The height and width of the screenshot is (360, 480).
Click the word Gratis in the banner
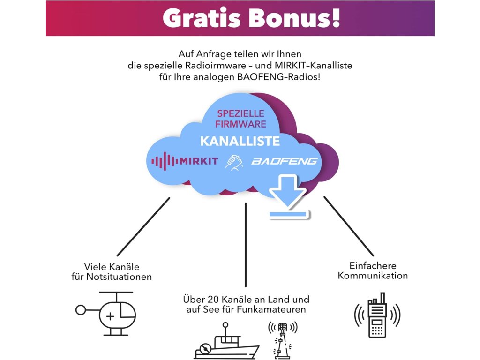(201, 18)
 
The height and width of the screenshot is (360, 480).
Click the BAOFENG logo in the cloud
(285, 161)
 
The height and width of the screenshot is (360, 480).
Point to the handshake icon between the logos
(234, 162)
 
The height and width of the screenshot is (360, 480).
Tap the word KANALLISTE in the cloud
(240, 141)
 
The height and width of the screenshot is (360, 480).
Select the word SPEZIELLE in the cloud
(240, 114)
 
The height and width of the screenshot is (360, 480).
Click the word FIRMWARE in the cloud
(240, 124)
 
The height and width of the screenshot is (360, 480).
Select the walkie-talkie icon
(377, 315)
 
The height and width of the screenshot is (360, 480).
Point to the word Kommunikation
(373, 276)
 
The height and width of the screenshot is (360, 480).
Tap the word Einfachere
(373, 265)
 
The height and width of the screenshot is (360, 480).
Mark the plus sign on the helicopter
(110, 316)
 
